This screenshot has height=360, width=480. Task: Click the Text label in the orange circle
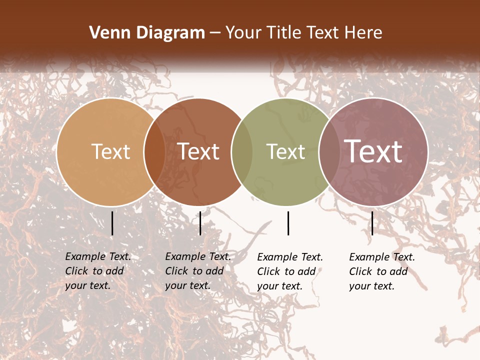[x=110, y=151]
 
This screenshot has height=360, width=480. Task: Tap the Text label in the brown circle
[x=198, y=151]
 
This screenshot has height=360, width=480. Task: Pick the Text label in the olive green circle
[x=285, y=151]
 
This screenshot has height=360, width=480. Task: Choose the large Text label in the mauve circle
[x=373, y=151]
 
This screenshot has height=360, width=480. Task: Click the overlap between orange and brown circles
[x=154, y=151]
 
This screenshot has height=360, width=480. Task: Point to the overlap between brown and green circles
[x=242, y=151]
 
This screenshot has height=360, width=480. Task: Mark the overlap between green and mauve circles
[x=329, y=151]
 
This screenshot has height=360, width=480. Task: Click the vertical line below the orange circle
[x=112, y=223]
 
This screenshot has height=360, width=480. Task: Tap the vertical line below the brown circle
[x=200, y=223]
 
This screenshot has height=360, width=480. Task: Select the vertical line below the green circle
[x=288, y=223]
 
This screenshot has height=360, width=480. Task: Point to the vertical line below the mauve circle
[x=372, y=223]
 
